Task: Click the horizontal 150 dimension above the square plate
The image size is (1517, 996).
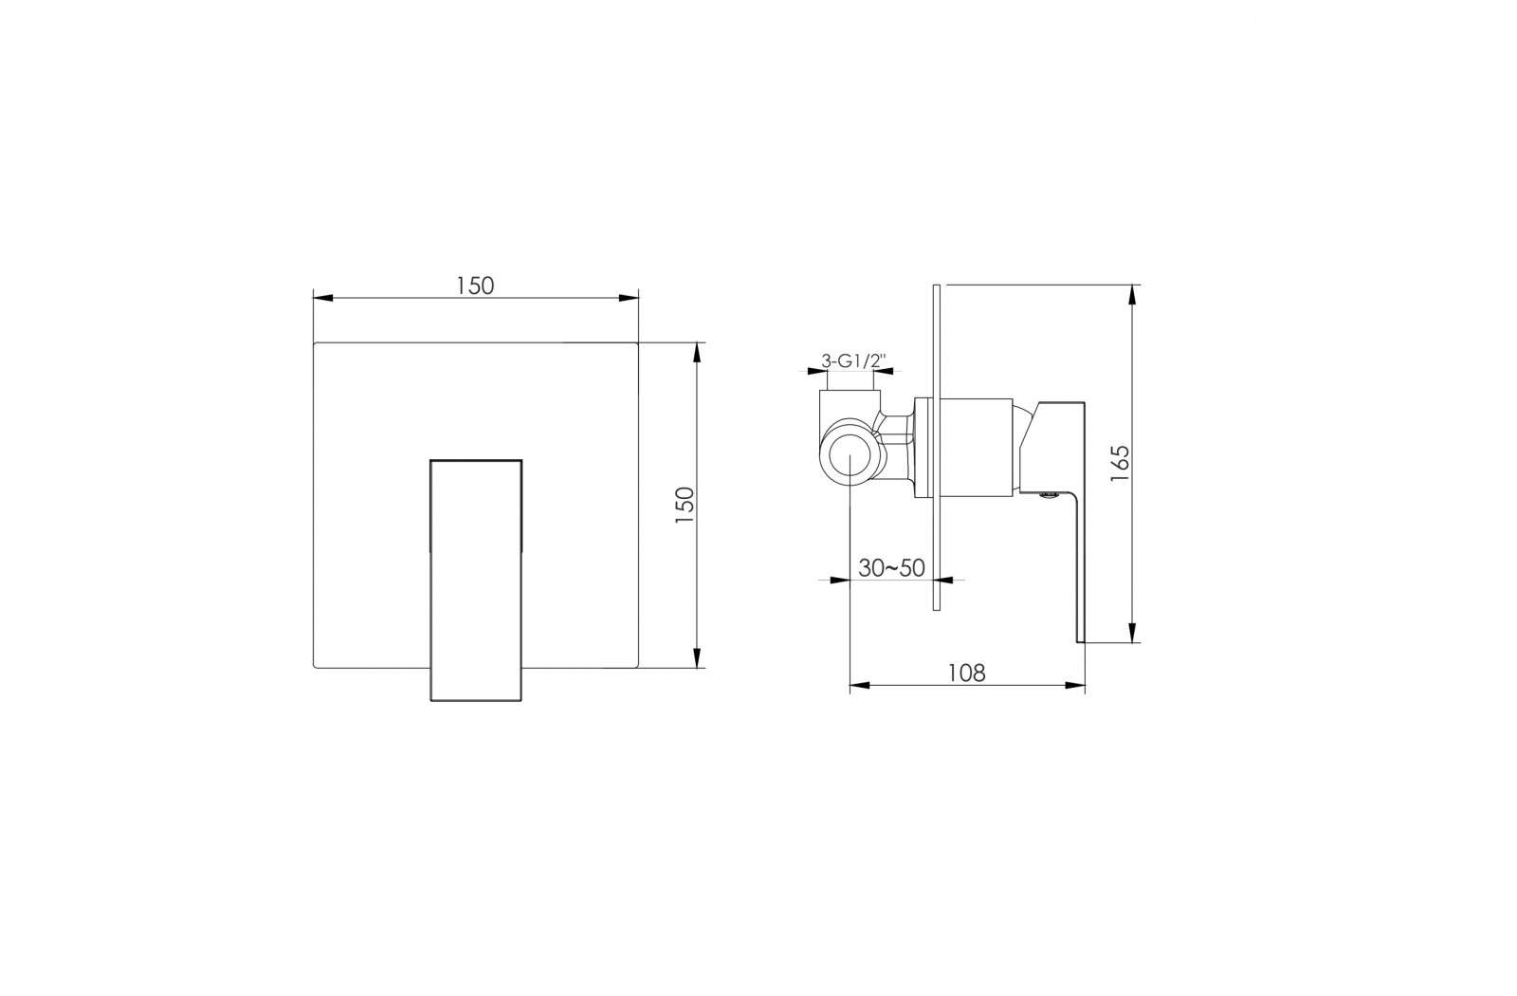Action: pos(475,286)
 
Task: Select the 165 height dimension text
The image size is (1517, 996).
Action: pos(1120,464)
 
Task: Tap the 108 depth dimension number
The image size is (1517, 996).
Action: pos(966,673)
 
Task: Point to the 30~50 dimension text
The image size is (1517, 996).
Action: pos(891,568)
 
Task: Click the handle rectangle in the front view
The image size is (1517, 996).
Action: pos(476,580)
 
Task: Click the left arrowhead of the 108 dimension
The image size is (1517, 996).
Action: pos(860,686)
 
